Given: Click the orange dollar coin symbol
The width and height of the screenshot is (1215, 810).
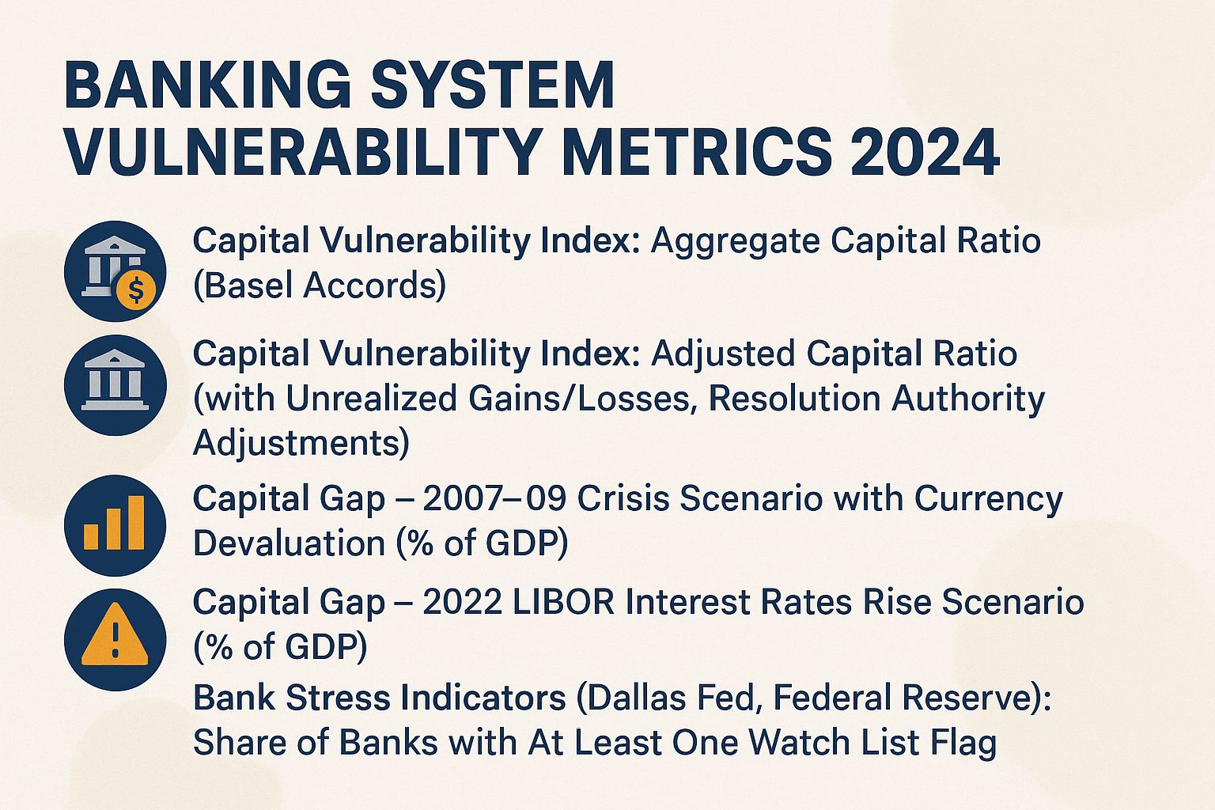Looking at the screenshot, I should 136,291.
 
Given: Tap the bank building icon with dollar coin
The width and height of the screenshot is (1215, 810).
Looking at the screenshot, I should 115,271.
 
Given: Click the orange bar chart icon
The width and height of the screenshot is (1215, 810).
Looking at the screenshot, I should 115,524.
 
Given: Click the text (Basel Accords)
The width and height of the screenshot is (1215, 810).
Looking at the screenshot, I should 320,285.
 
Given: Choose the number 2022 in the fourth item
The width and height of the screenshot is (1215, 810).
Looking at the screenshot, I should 463,602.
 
